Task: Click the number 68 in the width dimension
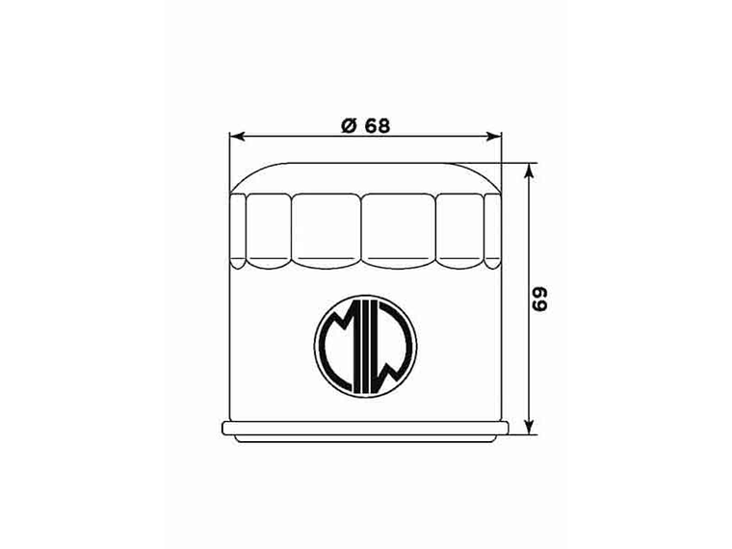coord(377,124)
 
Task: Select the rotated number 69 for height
coord(541,299)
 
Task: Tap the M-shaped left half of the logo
coord(340,337)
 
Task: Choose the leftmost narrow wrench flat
coord(240,229)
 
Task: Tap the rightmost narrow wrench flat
coord(492,229)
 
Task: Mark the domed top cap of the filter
coord(366,176)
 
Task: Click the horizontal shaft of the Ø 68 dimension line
coord(289,136)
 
